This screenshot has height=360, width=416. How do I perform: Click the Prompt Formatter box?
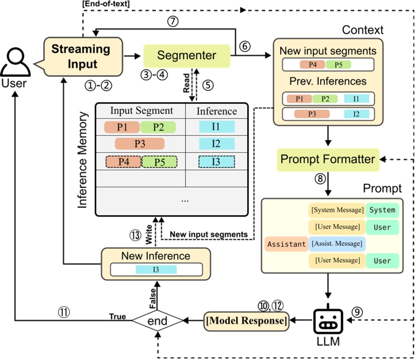pos(327,159)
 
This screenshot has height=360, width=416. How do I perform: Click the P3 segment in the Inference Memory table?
pos(139,144)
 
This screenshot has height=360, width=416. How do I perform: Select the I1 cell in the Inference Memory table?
pos(215,126)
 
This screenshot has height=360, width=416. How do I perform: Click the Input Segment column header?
pos(141,110)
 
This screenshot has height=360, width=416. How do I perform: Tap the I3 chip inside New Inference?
pos(156,269)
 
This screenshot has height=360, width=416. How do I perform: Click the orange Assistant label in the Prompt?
pos(286,244)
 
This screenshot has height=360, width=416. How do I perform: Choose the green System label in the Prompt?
pos(382,210)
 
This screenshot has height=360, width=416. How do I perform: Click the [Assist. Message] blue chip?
pos(337,244)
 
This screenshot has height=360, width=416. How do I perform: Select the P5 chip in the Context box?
pos(338,64)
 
